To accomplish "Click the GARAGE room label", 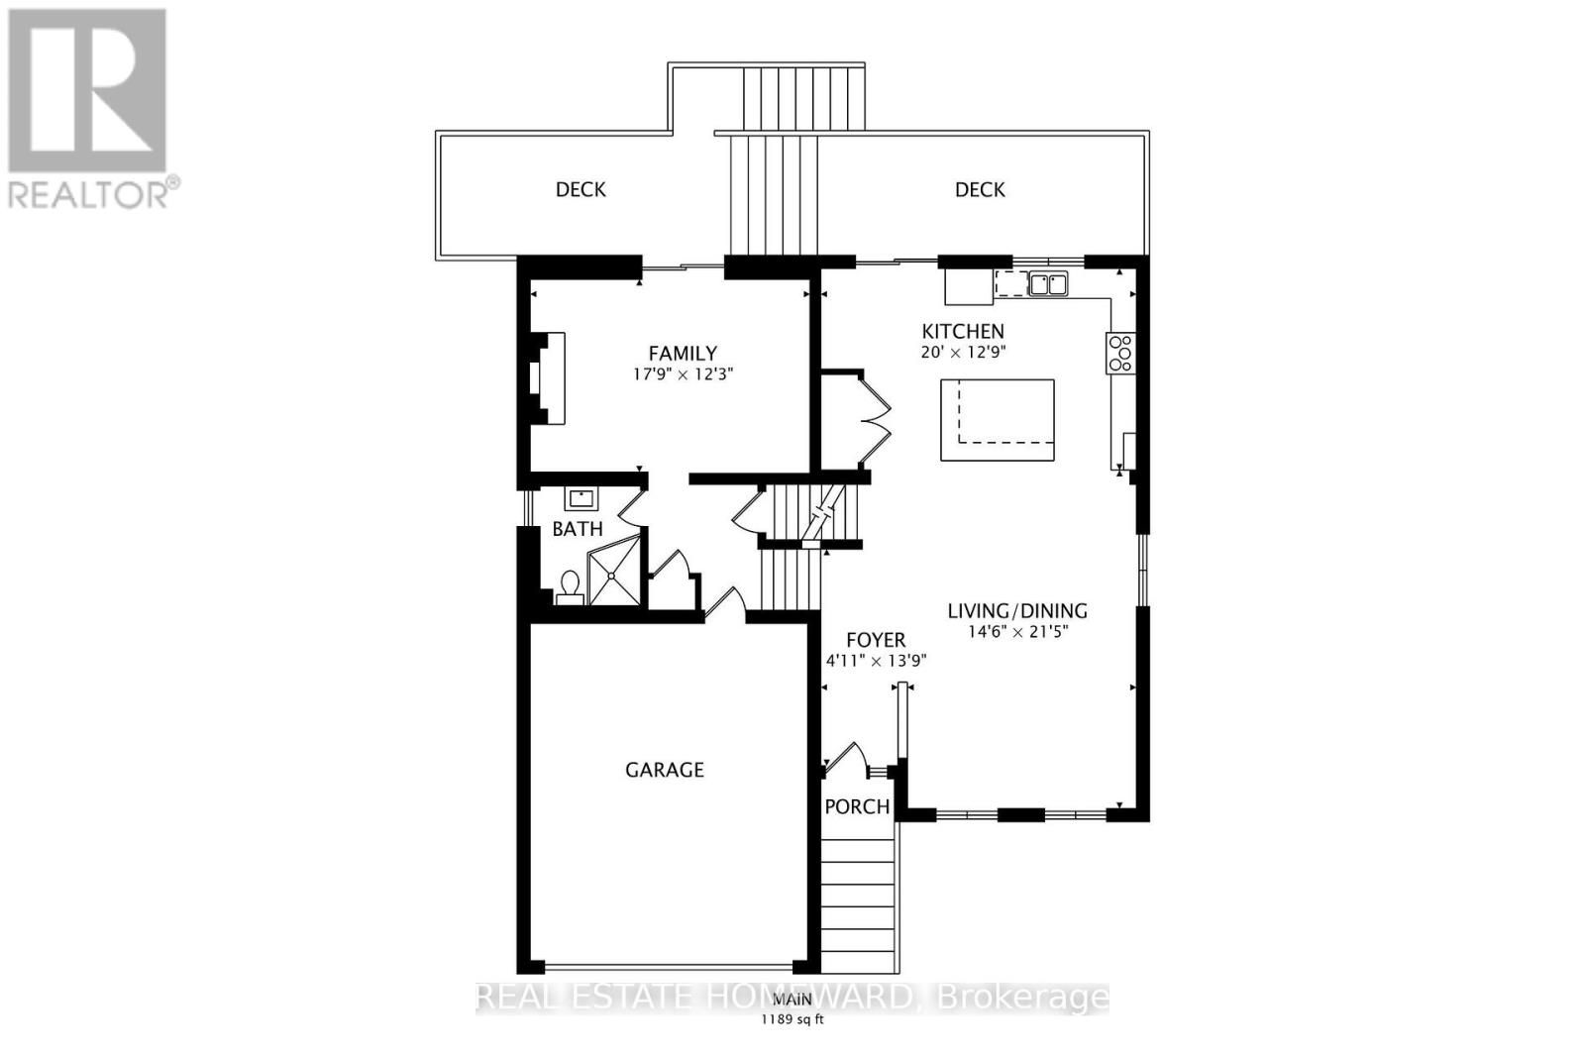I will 664,770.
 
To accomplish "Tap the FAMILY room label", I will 683,353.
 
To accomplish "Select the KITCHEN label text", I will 963,331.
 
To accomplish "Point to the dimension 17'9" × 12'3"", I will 683,374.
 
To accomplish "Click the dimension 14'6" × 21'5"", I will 1018,632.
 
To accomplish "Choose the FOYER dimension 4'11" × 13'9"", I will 876,661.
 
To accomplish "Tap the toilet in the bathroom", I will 570,586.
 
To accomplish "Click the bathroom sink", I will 581,498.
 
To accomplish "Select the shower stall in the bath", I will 614,575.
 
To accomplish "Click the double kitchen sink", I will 1047,284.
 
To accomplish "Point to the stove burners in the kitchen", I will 1120,354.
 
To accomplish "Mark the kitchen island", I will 997,420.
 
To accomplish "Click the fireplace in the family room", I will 547,378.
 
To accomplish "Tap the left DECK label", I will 581,189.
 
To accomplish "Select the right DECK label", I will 980,189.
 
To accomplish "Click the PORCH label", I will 857,806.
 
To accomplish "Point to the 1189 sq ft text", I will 792,1019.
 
